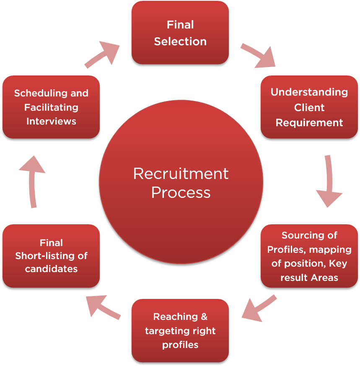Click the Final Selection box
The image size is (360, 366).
point(180,33)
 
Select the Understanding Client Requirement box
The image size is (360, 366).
point(309,107)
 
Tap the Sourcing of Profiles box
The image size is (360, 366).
point(309,256)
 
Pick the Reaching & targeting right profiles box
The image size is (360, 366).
point(180,330)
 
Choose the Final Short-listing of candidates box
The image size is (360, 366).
point(51,256)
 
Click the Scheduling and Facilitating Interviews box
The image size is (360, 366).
point(51,107)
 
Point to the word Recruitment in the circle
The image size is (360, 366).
point(181,174)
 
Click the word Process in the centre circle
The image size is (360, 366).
point(181,192)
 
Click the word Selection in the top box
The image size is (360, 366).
point(180,42)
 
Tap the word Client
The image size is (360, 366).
point(309,108)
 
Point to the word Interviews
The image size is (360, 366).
point(51,121)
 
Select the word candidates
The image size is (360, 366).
point(51,269)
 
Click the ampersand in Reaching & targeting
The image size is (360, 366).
point(204,317)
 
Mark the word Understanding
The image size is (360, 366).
point(309,92)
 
